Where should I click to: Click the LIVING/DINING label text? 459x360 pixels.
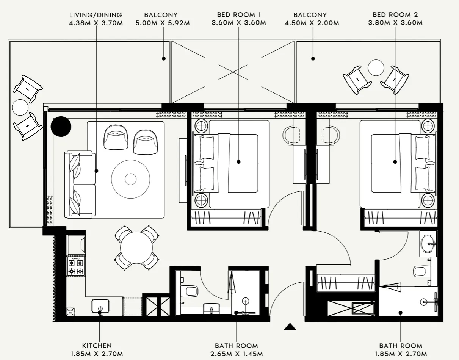coord(96,15)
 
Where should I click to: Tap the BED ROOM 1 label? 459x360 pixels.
coord(239,15)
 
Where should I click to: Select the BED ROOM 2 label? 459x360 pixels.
coord(395,15)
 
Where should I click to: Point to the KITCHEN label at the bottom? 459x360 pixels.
coord(97,346)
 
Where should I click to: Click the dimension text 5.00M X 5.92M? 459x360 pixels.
coord(162,23)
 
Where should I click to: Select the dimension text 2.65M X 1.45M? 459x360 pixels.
coord(236,354)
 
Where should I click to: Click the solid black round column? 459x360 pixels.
coord(61,127)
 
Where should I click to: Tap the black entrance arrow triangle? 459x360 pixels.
coord(290,326)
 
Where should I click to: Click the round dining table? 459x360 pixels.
coord(136,248)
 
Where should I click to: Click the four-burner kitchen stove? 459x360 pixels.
coord(76,266)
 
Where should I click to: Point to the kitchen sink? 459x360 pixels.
coord(100,306)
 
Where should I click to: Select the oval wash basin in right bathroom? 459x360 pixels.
coord(428,244)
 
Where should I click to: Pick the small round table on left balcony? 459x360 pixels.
coord(20,107)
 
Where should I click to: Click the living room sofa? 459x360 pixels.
coord(80,185)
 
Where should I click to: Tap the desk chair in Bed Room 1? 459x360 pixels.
coord(292,135)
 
